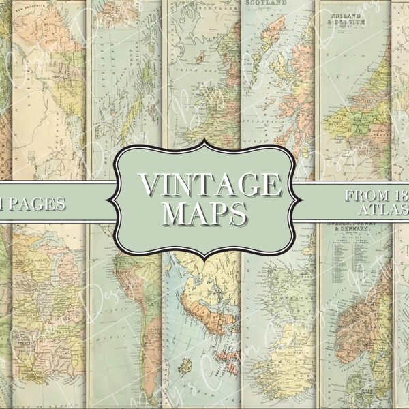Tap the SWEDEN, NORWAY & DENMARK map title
click(354, 230)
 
